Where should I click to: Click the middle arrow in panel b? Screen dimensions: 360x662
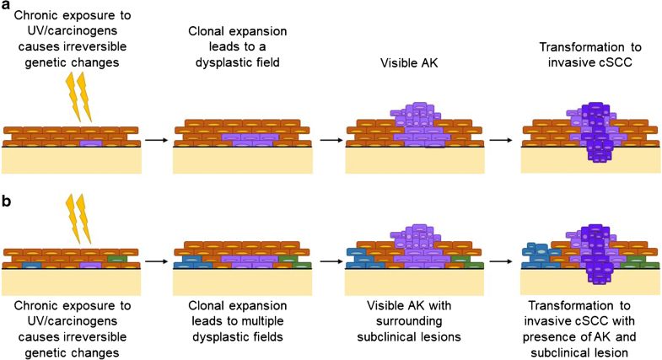330,261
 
